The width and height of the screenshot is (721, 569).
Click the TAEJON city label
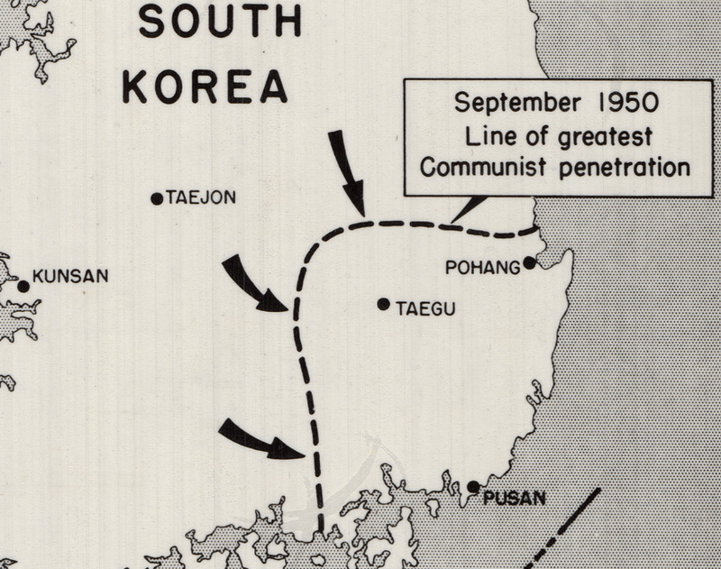click(x=199, y=197)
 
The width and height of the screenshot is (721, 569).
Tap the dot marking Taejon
click(x=157, y=198)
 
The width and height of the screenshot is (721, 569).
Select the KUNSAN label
click(x=70, y=277)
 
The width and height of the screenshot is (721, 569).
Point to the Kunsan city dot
click(x=23, y=287)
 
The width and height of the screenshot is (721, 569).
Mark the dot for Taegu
click(x=384, y=305)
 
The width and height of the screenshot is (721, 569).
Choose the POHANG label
click(x=484, y=267)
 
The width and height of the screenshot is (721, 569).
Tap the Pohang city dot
click(x=530, y=263)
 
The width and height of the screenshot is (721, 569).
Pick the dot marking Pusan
click(x=474, y=487)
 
